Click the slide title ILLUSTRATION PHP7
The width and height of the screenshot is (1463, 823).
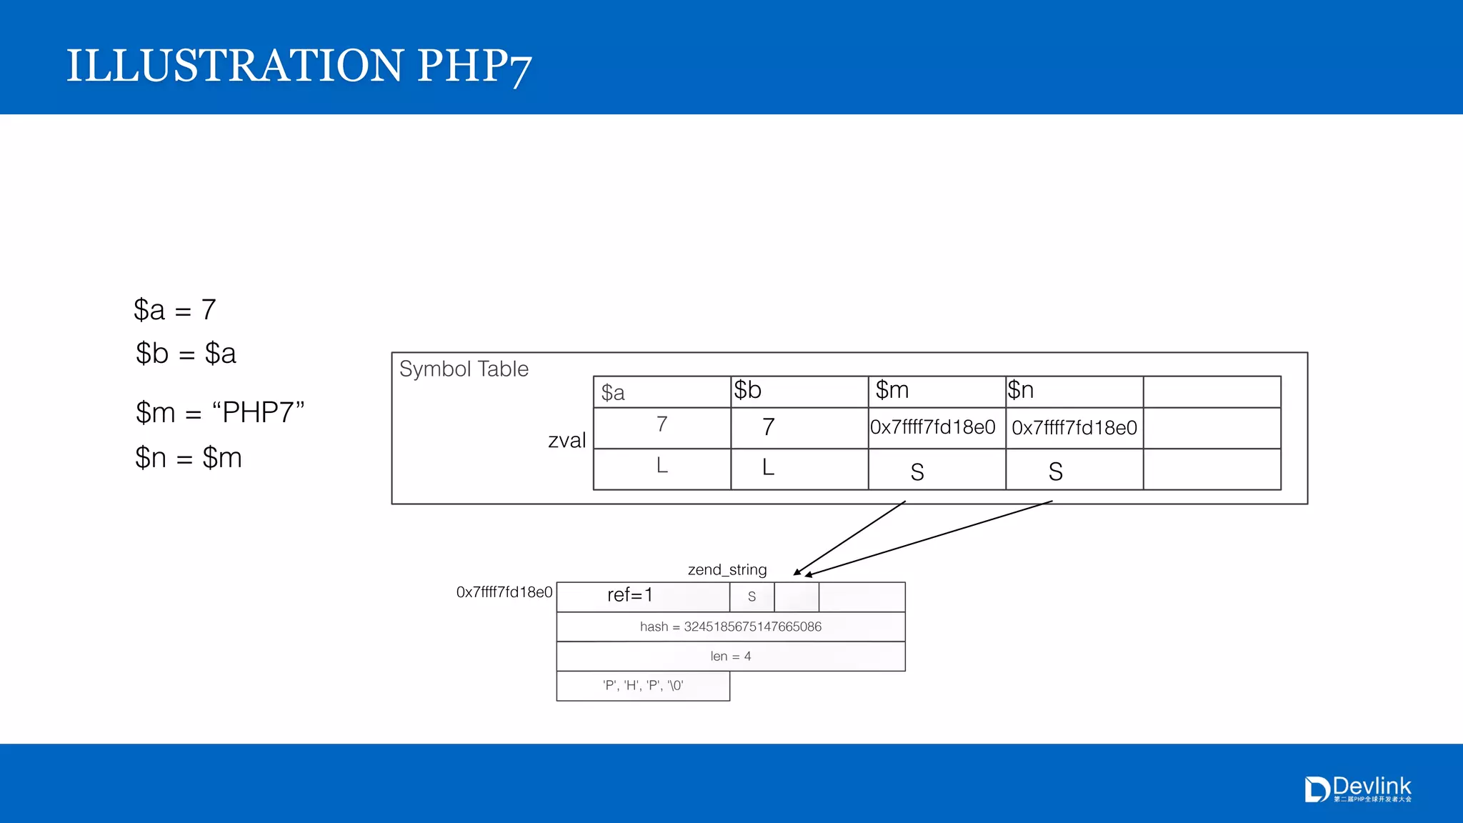pyautogui.click(x=299, y=66)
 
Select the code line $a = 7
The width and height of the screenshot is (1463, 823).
pyautogui.click(x=175, y=310)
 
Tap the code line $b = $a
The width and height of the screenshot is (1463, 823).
pyautogui.click(x=186, y=354)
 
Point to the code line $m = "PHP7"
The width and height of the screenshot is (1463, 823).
pyautogui.click(x=220, y=413)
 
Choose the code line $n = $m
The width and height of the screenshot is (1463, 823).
pyautogui.click(x=189, y=458)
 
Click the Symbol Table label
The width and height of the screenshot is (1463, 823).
pyautogui.click(x=464, y=369)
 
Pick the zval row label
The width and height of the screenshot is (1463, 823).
pyautogui.click(x=566, y=440)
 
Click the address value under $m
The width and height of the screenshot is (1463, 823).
pyautogui.click(x=933, y=427)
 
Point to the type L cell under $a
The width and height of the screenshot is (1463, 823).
pyautogui.click(x=662, y=467)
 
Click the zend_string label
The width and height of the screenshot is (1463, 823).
pyautogui.click(x=727, y=569)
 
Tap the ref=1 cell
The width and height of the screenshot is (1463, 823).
pyautogui.click(x=630, y=595)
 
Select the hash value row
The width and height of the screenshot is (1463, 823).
pyautogui.click(x=731, y=627)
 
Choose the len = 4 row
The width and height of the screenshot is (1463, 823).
pyautogui.click(x=731, y=656)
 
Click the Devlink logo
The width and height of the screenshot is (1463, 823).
pyautogui.click(x=1358, y=789)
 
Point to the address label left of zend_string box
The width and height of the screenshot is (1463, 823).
pyautogui.click(x=504, y=592)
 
